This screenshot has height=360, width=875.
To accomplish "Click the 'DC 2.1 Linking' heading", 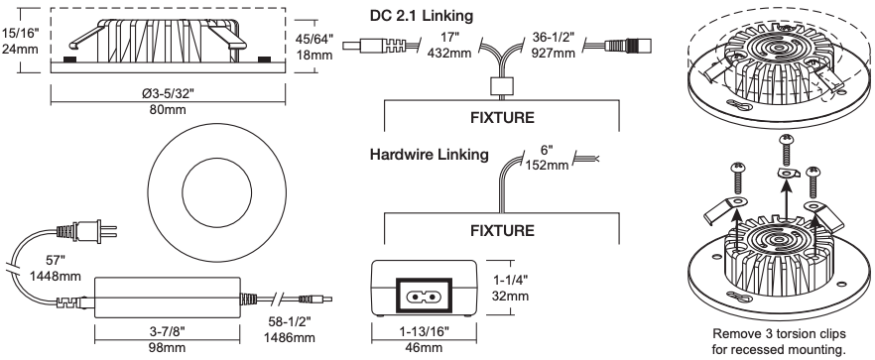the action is pyautogui.click(x=422, y=16).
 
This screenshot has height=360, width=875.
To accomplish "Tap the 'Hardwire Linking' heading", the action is pyautogui.click(x=430, y=154).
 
